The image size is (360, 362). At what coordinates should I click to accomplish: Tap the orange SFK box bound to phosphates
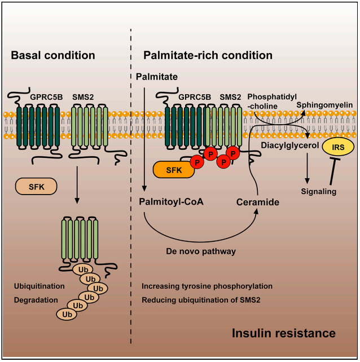click(x=172, y=169)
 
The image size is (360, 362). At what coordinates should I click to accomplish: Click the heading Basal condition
click(x=52, y=55)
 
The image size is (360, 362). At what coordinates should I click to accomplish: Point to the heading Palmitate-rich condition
click(x=208, y=55)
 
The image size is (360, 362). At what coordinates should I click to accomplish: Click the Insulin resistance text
click(x=284, y=333)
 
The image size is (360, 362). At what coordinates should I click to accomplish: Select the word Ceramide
click(x=258, y=201)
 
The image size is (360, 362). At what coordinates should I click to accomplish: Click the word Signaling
click(x=319, y=192)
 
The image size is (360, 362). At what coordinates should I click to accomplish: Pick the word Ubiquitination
click(x=39, y=286)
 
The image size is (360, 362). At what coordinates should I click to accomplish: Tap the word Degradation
click(x=36, y=300)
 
